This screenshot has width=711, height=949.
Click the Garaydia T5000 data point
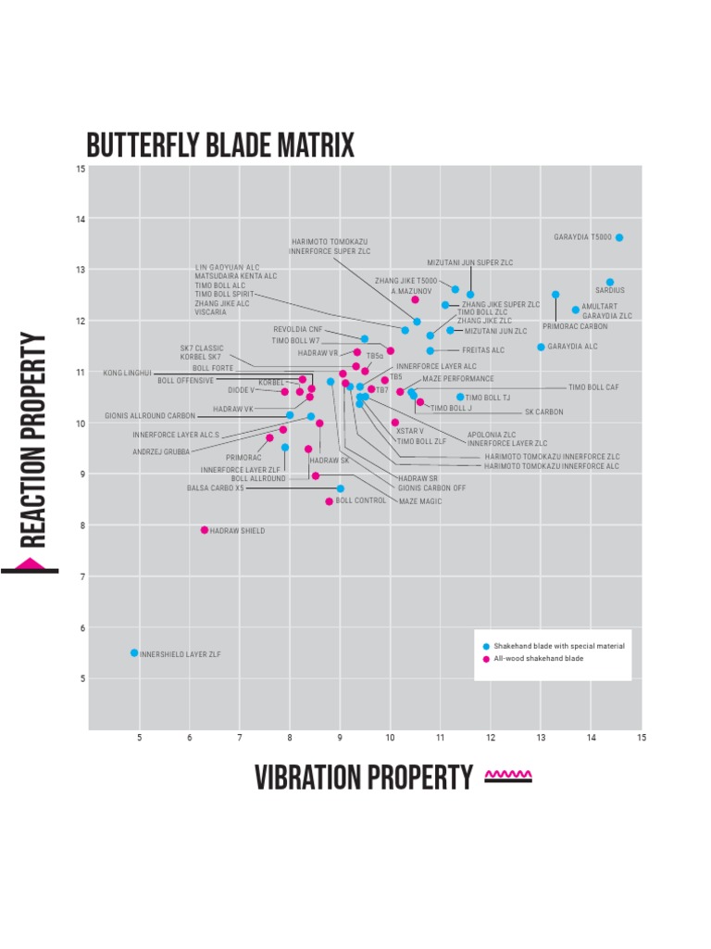(619, 238)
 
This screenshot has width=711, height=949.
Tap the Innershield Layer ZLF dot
(134, 653)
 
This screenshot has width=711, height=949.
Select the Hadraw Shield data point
(205, 530)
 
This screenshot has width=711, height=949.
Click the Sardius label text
(610, 291)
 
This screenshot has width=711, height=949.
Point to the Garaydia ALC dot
(542, 348)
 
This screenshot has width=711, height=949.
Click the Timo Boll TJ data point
(460, 398)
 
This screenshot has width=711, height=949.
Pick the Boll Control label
(361, 500)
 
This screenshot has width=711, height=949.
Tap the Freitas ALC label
(483, 351)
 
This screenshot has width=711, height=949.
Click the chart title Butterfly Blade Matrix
(220, 146)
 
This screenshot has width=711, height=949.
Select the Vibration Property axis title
(364, 778)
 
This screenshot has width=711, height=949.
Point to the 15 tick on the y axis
(81, 169)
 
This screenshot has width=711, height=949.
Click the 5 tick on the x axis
(140, 739)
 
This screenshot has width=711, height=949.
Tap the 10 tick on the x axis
(390, 739)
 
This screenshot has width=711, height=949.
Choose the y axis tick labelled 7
(81, 577)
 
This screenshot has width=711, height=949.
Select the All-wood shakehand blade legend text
(539, 659)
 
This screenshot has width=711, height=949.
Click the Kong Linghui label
(127, 373)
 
